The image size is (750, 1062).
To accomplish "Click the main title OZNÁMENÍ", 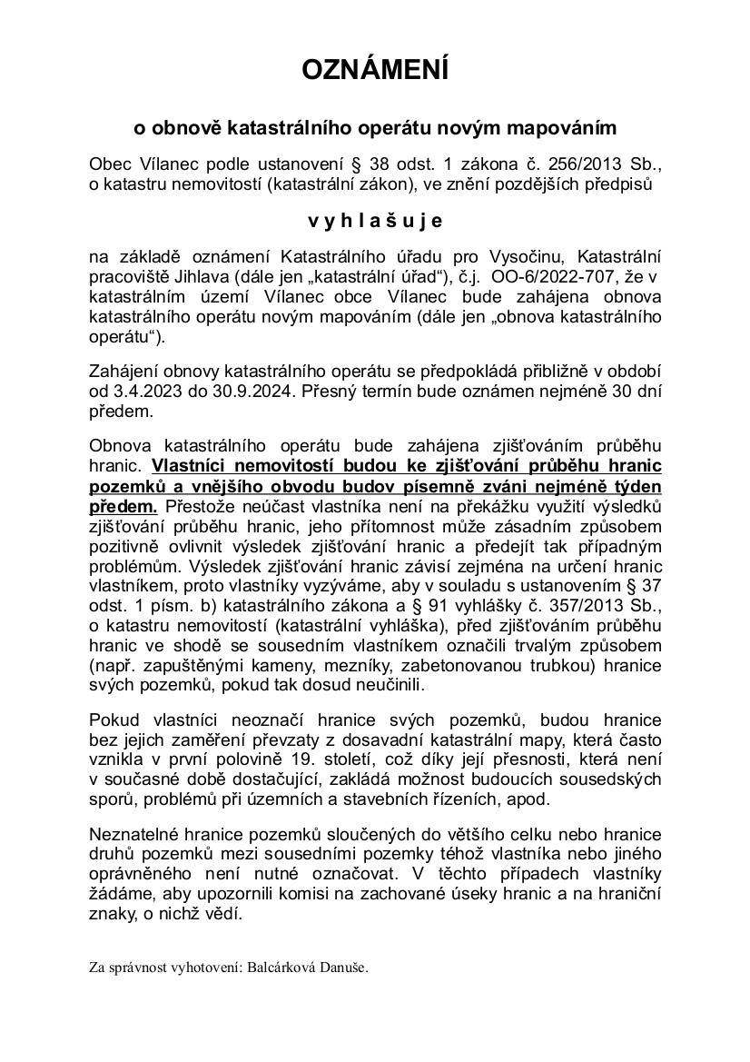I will pos(374,70).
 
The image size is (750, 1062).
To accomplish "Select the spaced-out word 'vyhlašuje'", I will pos(374,220).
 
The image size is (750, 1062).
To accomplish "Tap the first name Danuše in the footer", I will pos(345,968).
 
